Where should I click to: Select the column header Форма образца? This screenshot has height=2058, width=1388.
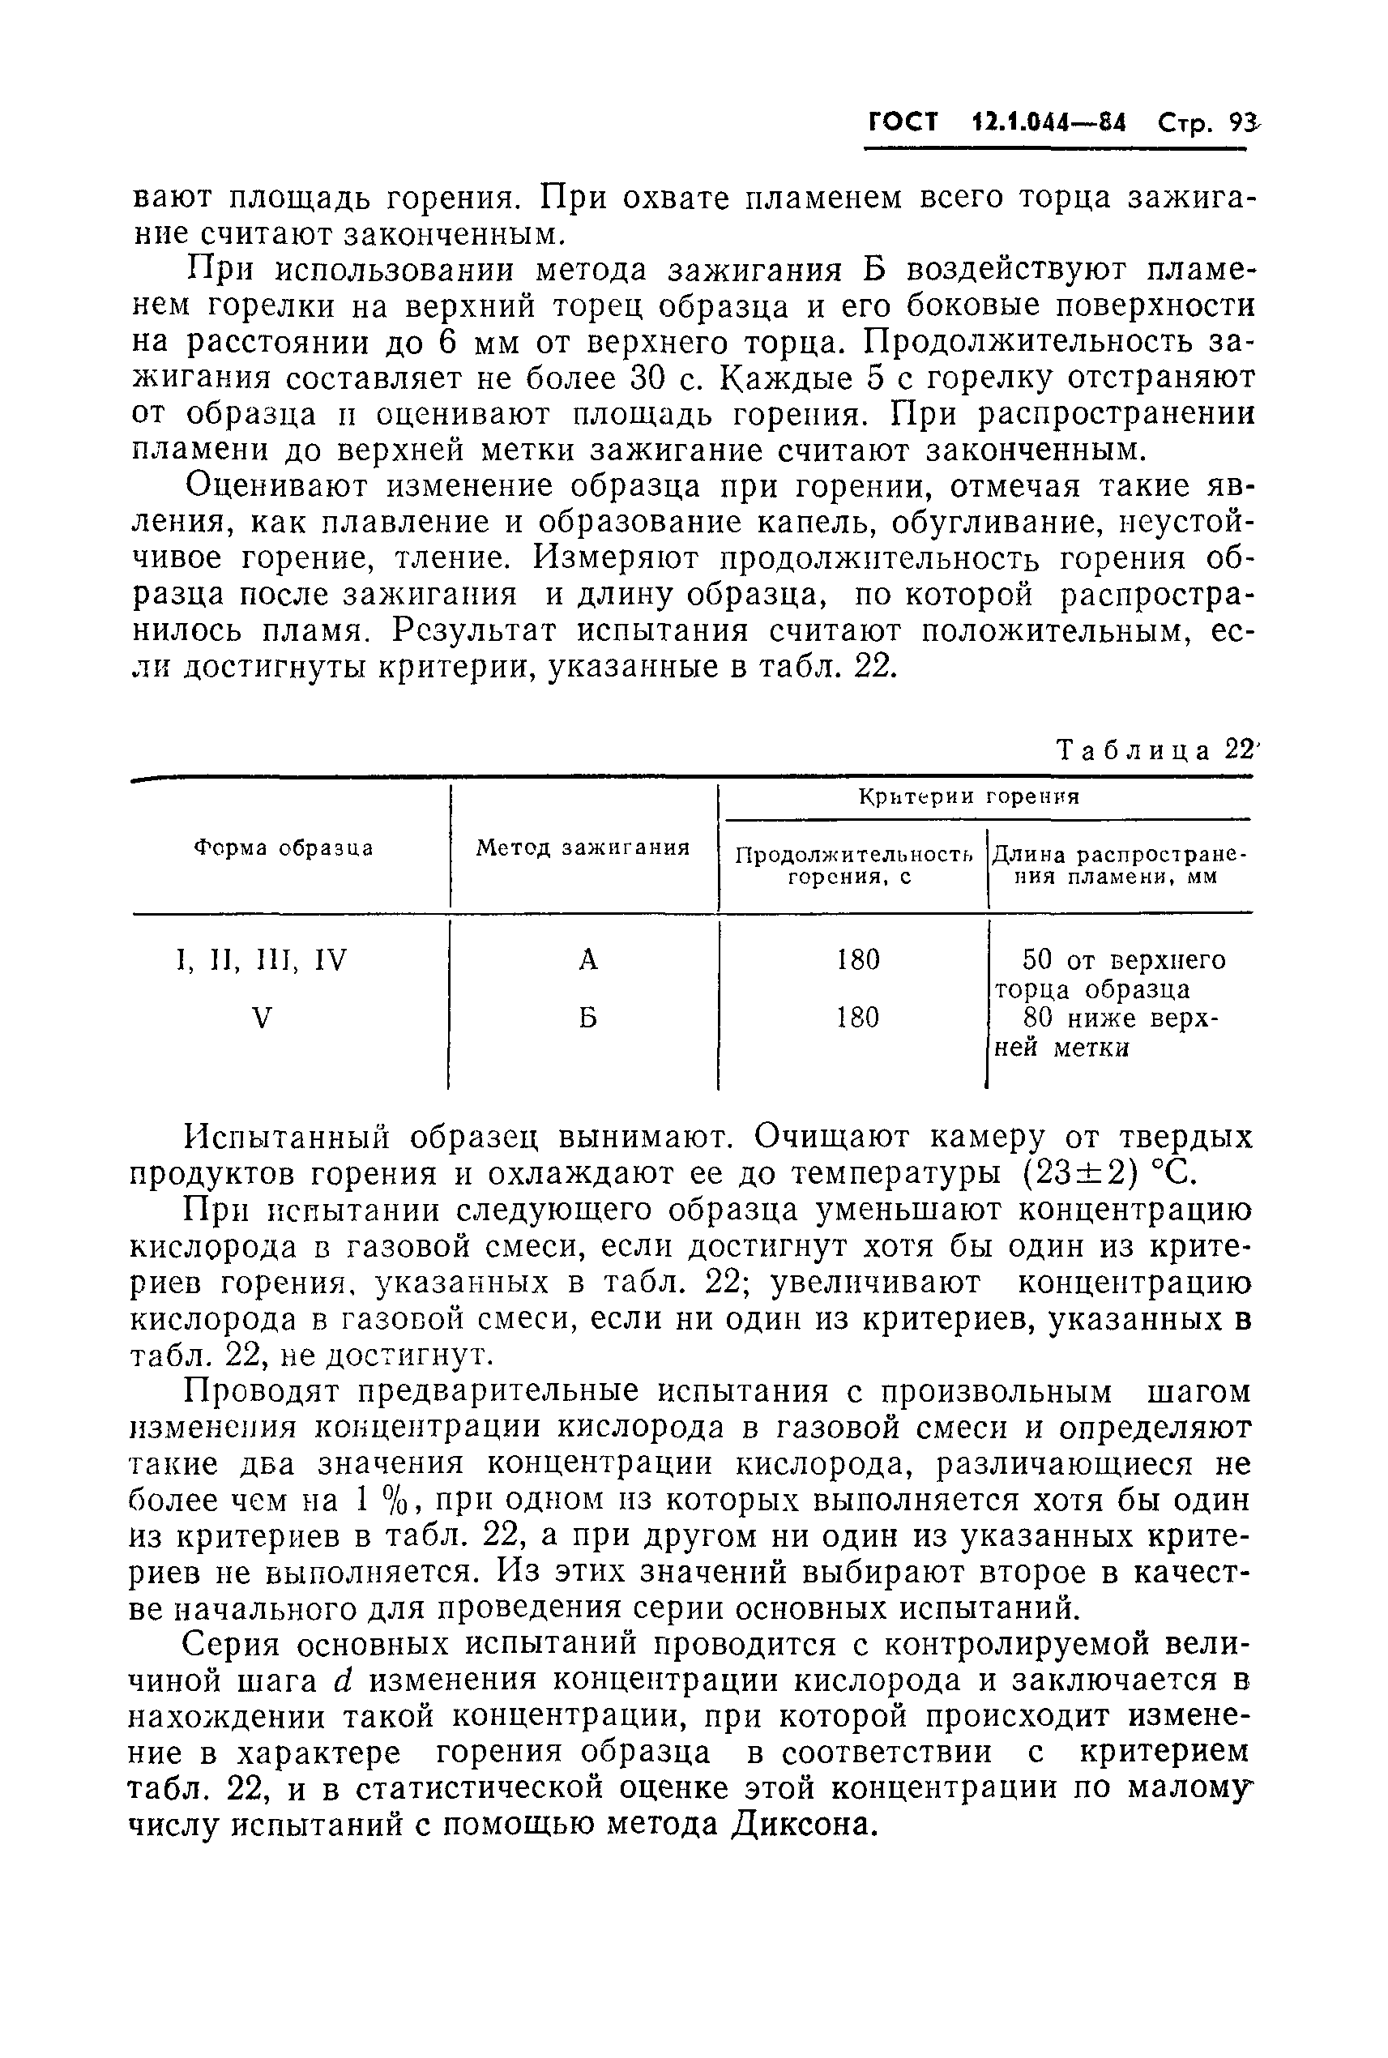(284, 848)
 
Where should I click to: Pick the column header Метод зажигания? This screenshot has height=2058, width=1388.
(583, 848)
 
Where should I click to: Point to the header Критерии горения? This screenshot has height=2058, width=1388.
(969, 796)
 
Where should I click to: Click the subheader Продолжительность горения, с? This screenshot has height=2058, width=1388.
(854, 865)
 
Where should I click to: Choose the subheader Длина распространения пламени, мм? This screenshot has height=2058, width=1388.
(1119, 865)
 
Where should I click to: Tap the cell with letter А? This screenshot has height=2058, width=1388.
(588, 959)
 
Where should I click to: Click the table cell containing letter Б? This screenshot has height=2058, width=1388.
(588, 1018)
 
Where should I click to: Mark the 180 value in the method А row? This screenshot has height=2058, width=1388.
(858, 959)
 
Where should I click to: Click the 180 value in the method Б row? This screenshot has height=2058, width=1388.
(858, 1018)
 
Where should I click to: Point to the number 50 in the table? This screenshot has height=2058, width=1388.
(1037, 959)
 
